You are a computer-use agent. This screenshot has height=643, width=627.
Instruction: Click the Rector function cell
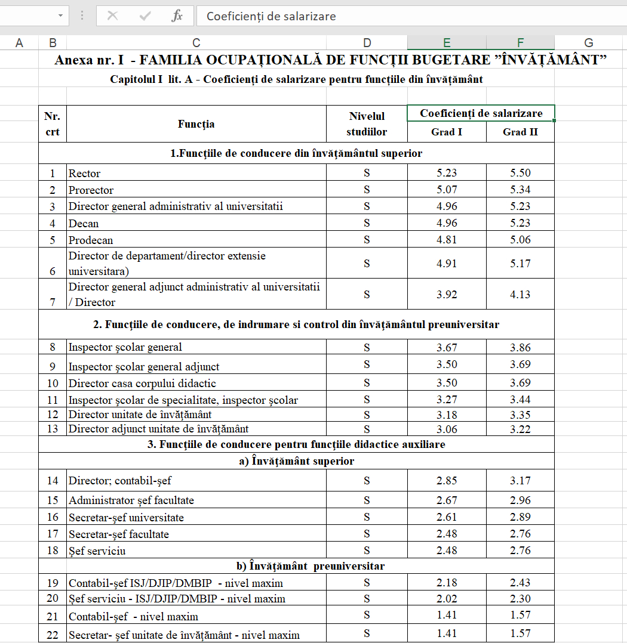click(x=196, y=174)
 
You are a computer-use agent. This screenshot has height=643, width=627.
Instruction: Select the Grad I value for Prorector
click(x=447, y=190)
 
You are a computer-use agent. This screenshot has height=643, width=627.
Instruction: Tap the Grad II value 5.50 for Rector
click(x=520, y=174)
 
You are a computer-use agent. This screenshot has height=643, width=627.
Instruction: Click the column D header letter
click(x=367, y=42)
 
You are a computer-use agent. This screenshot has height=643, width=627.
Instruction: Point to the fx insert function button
click(x=177, y=16)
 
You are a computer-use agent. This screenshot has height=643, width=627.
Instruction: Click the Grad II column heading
click(x=520, y=132)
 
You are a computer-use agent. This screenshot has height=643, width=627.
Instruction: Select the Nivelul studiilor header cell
click(x=367, y=124)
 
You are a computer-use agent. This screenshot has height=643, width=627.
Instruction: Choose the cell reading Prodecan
click(x=196, y=240)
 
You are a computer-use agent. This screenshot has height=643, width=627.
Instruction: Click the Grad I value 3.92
click(x=447, y=294)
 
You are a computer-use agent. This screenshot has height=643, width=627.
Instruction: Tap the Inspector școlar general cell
click(x=196, y=347)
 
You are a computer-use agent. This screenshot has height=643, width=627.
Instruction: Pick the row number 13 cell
click(x=53, y=429)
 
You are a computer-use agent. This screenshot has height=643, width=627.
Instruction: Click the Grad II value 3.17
click(x=520, y=481)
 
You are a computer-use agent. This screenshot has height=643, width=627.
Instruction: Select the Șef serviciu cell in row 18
click(x=196, y=551)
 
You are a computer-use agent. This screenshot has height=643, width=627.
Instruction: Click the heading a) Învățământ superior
click(x=297, y=461)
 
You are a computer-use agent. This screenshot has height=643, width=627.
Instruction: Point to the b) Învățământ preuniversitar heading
click(x=297, y=566)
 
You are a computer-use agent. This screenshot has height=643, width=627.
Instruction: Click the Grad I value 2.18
click(x=447, y=583)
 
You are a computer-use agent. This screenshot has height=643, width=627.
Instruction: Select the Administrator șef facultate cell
click(x=196, y=500)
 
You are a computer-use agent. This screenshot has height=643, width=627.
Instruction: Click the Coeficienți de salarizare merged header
click(x=481, y=113)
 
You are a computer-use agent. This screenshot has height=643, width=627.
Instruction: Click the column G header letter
click(x=589, y=42)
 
